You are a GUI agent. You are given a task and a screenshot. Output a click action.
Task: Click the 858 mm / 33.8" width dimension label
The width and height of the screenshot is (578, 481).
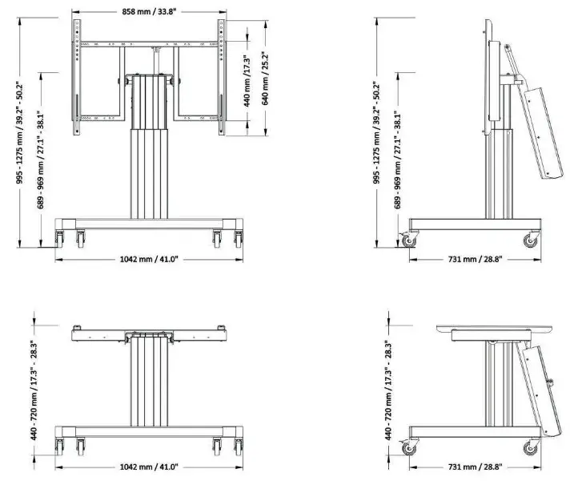click(x=149, y=12)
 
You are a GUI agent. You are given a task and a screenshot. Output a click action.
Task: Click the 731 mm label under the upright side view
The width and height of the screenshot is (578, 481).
click(x=474, y=258)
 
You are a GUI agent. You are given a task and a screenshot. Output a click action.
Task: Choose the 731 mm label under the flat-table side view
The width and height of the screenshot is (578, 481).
click(x=474, y=466)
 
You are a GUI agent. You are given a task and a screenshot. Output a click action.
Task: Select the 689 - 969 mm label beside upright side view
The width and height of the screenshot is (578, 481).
click(x=397, y=160)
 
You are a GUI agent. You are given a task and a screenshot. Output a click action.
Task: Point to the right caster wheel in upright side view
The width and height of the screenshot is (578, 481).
click(x=530, y=239)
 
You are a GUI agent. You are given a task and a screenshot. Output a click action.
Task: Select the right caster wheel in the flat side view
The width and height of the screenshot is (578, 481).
click(x=530, y=447)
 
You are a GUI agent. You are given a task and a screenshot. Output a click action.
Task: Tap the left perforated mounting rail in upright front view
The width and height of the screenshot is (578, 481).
click(x=78, y=76)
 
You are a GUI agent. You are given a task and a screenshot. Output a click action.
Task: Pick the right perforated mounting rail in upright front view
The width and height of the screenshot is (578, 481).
click(x=219, y=76)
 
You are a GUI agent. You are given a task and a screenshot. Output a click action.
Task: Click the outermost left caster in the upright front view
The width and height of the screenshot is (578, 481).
click(x=58, y=238)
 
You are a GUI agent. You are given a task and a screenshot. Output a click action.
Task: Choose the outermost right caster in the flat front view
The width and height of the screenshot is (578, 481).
click(x=238, y=445)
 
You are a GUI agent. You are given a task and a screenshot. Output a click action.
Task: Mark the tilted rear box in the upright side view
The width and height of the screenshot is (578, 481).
click(x=536, y=132)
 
